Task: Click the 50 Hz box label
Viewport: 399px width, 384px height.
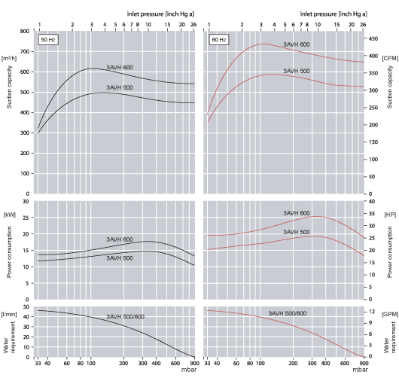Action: (x=47, y=38)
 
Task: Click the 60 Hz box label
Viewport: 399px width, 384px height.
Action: (x=218, y=38)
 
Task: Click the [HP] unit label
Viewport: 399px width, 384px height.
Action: (x=389, y=215)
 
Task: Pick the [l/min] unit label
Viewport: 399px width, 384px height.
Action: (x=10, y=312)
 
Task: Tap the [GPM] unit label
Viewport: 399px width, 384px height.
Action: (x=389, y=312)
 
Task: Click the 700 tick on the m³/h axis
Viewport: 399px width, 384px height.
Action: (x=25, y=51)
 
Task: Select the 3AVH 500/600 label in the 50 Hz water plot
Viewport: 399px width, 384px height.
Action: (x=125, y=316)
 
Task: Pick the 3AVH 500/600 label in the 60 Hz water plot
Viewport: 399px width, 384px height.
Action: (x=288, y=313)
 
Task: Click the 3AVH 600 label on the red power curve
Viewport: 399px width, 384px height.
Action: (x=297, y=213)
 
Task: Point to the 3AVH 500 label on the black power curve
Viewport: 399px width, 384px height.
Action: (x=119, y=258)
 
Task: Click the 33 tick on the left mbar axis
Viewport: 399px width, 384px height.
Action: (x=38, y=364)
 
